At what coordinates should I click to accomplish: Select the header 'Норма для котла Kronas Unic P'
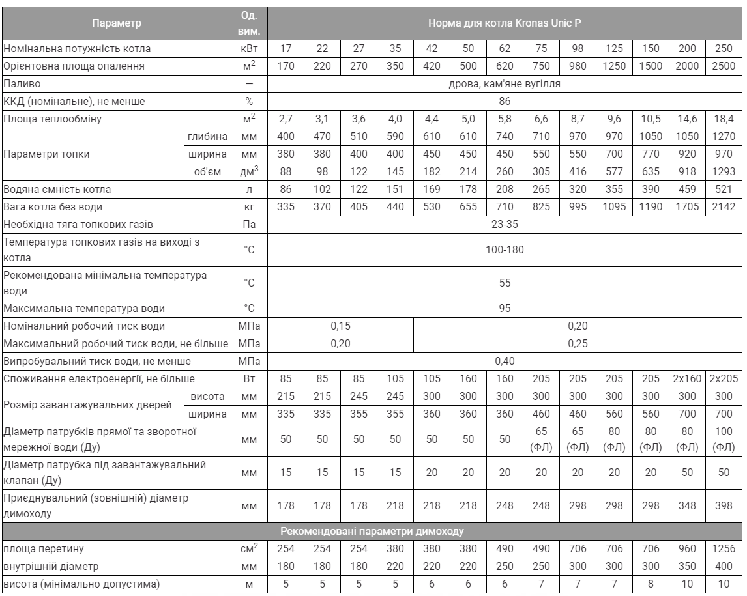point(504,24)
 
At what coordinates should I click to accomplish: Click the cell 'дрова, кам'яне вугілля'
point(504,83)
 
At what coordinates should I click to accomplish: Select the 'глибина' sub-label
point(208,136)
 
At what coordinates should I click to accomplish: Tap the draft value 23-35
point(504,224)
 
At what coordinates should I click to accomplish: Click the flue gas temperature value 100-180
point(504,249)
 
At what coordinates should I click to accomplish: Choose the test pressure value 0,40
point(504,360)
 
